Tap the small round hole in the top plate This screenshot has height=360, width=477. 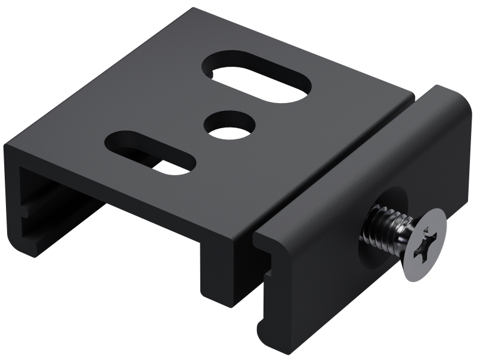[230, 126]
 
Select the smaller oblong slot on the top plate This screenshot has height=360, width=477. [150, 153]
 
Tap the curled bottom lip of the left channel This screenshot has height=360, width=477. [27, 247]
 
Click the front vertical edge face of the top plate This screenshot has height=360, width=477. [119, 191]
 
